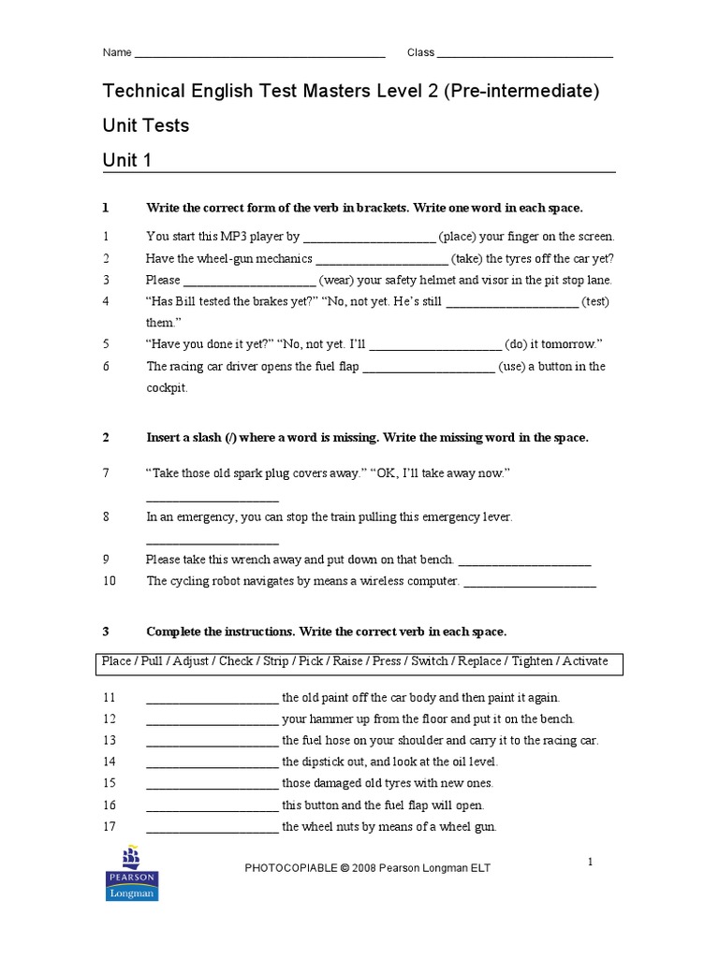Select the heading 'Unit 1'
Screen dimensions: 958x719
click(x=127, y=161)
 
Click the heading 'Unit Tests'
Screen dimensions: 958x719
click(x=145, y=125)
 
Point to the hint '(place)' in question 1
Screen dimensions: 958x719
click(x=457, y=237)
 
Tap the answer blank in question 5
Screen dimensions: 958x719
click(x=436, y=344)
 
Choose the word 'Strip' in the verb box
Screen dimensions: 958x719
click(x=276, y=661)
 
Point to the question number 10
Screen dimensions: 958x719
click(x=109, y=581)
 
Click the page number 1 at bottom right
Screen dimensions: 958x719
click(x=591, y=862)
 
